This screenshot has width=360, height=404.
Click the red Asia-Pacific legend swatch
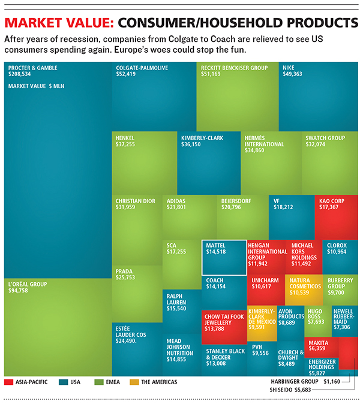pos(9,381)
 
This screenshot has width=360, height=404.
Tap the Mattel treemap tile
pos(224,257)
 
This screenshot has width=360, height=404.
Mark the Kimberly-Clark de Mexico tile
pos(262,323)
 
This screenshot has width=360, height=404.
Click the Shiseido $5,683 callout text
pos(287,390)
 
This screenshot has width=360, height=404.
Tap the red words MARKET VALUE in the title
pos(58,24)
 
